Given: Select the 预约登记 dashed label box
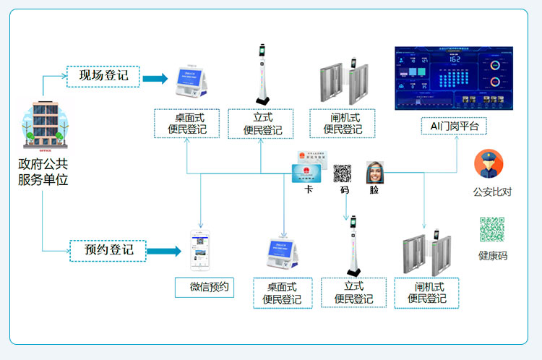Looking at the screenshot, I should click(107, 251).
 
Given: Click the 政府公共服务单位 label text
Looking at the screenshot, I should click(43, 172).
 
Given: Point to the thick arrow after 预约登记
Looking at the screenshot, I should click(163, 252).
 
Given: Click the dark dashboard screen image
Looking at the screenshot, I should click(453, 78).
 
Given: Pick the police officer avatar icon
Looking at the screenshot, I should click(489, 164).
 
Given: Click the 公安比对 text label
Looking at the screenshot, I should click(492, 192).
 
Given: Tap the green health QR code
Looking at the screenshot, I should click(492, 229).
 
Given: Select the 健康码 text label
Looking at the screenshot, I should click(492, 255).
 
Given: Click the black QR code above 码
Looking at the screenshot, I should click(343, 173).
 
